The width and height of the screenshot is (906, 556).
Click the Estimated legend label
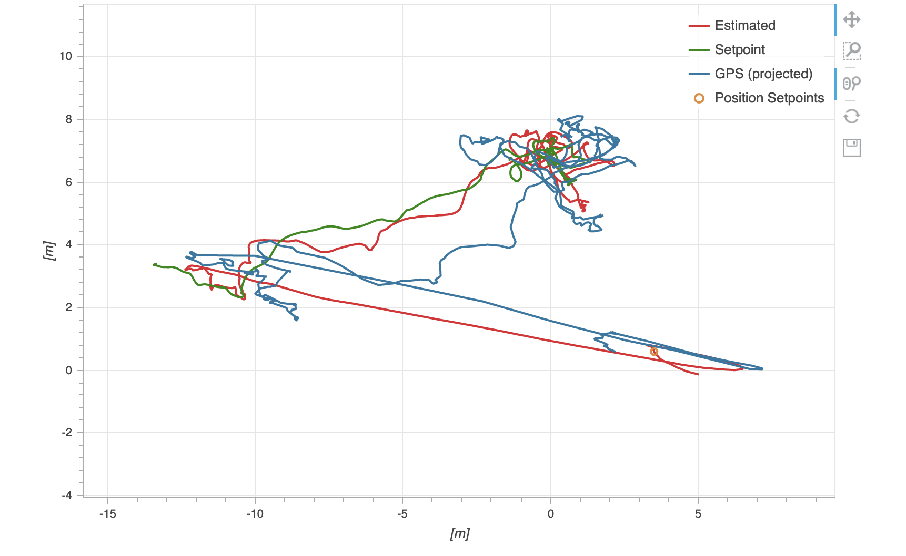click(744, 25)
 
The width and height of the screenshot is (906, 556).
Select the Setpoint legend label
click(739, 49)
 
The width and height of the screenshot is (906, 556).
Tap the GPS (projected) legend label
click(763, 74)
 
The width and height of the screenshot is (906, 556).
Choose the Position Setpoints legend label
click(769, 98)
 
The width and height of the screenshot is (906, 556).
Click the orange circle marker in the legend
click(699, 98)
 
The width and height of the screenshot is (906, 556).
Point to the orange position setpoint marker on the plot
click(654, 352)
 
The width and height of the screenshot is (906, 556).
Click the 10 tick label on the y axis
click(66, 56)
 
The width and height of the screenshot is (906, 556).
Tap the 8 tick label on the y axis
click(69, 119)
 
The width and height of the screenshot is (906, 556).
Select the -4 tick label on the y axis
click(67, 495)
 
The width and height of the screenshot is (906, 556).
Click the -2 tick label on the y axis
click(67, 433)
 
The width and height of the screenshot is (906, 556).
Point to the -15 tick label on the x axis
click(107, 513)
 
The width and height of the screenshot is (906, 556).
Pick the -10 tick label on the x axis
click(255, 513)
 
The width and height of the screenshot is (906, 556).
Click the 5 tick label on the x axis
click(698, 513)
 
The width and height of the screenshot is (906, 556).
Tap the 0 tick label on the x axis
click(550, 513)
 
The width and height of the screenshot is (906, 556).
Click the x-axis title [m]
click(459, 534)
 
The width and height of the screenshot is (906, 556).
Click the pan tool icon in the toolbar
click(851, 20)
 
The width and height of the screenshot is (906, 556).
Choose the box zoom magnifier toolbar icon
click(851, 50)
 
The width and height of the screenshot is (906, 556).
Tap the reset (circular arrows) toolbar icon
click(851, 116)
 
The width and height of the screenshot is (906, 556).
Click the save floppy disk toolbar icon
click(851, 148)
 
